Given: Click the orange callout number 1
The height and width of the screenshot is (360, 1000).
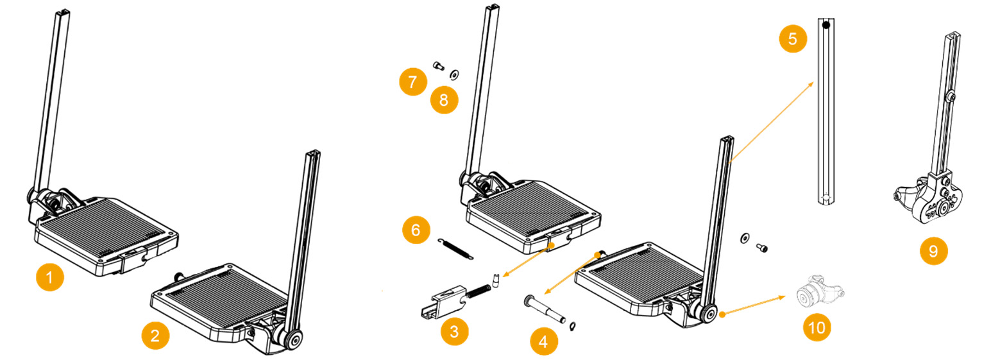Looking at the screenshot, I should (x=50, y=279).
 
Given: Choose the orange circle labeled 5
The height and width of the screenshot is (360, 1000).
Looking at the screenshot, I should (x=793, y=39).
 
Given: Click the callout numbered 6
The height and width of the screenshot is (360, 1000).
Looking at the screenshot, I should (x=416, y=230).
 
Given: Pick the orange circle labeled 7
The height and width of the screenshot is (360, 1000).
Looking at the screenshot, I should (x=412, y=82).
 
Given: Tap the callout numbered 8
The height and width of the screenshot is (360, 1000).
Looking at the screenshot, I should (x=444, y=100).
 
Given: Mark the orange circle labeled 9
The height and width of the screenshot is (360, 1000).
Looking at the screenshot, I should (x=933, y=251).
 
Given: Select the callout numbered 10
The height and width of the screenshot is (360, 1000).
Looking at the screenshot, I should (x=817, y=327).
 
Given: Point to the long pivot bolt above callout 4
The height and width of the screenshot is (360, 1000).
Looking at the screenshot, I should (x=545, y=309).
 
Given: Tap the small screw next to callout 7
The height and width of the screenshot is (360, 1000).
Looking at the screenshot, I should (x=438, y=65).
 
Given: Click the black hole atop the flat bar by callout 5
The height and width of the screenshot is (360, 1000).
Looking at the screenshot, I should (x=827, y=26).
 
